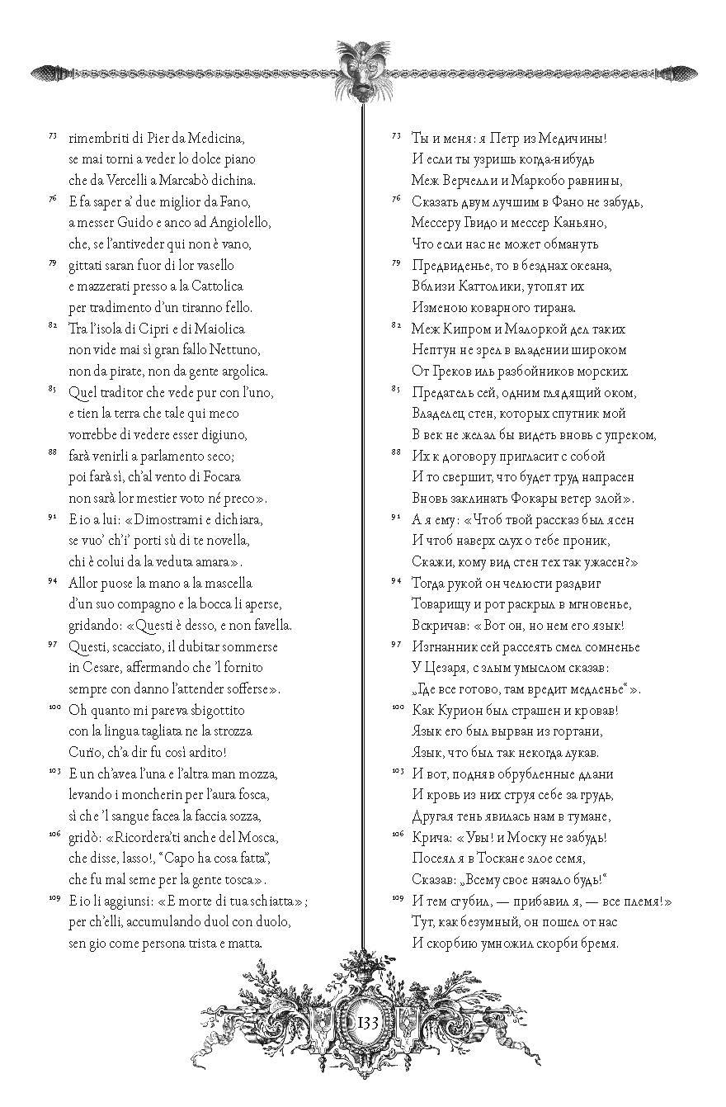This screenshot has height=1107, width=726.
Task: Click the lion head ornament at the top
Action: click(x=363, y=70)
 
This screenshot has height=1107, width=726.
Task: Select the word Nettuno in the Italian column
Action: click(x=237, y=349)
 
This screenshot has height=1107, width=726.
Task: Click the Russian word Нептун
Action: click(x=434, y=349)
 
